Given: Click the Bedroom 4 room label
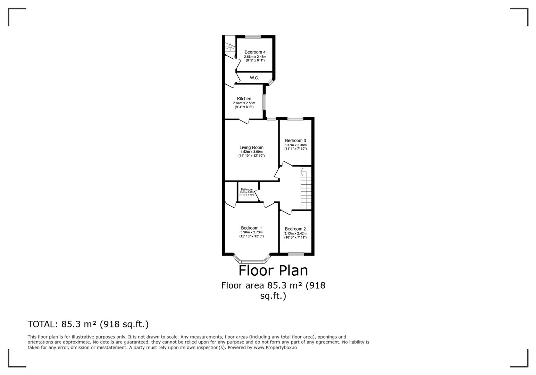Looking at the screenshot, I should [x=255, y=52].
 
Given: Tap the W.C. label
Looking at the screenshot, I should [x=254, y=78].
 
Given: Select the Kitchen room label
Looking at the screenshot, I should [x=244, y=99].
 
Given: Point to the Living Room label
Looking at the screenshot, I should [x=251, y=148].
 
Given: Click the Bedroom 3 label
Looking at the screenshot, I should [x=295, y=141].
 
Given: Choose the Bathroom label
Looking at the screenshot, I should [x=247, y=190].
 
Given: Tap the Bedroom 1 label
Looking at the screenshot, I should [x=251, y=228].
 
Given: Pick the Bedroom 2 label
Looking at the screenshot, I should [x=295, y=229].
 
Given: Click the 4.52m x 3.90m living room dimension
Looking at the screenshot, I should [x=251, y=152].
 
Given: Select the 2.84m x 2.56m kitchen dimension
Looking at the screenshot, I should [x=244, y=103].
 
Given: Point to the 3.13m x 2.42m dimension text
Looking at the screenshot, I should [x=295, y=234].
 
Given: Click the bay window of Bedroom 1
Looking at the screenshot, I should [x=252, y=261].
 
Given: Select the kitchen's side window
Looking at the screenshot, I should [x=264, y=102].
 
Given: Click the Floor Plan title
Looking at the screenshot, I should [x=273, y=270].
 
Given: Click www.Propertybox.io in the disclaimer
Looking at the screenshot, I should [x=275, y=347].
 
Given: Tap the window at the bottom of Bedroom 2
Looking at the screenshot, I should [x=296, y=254].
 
